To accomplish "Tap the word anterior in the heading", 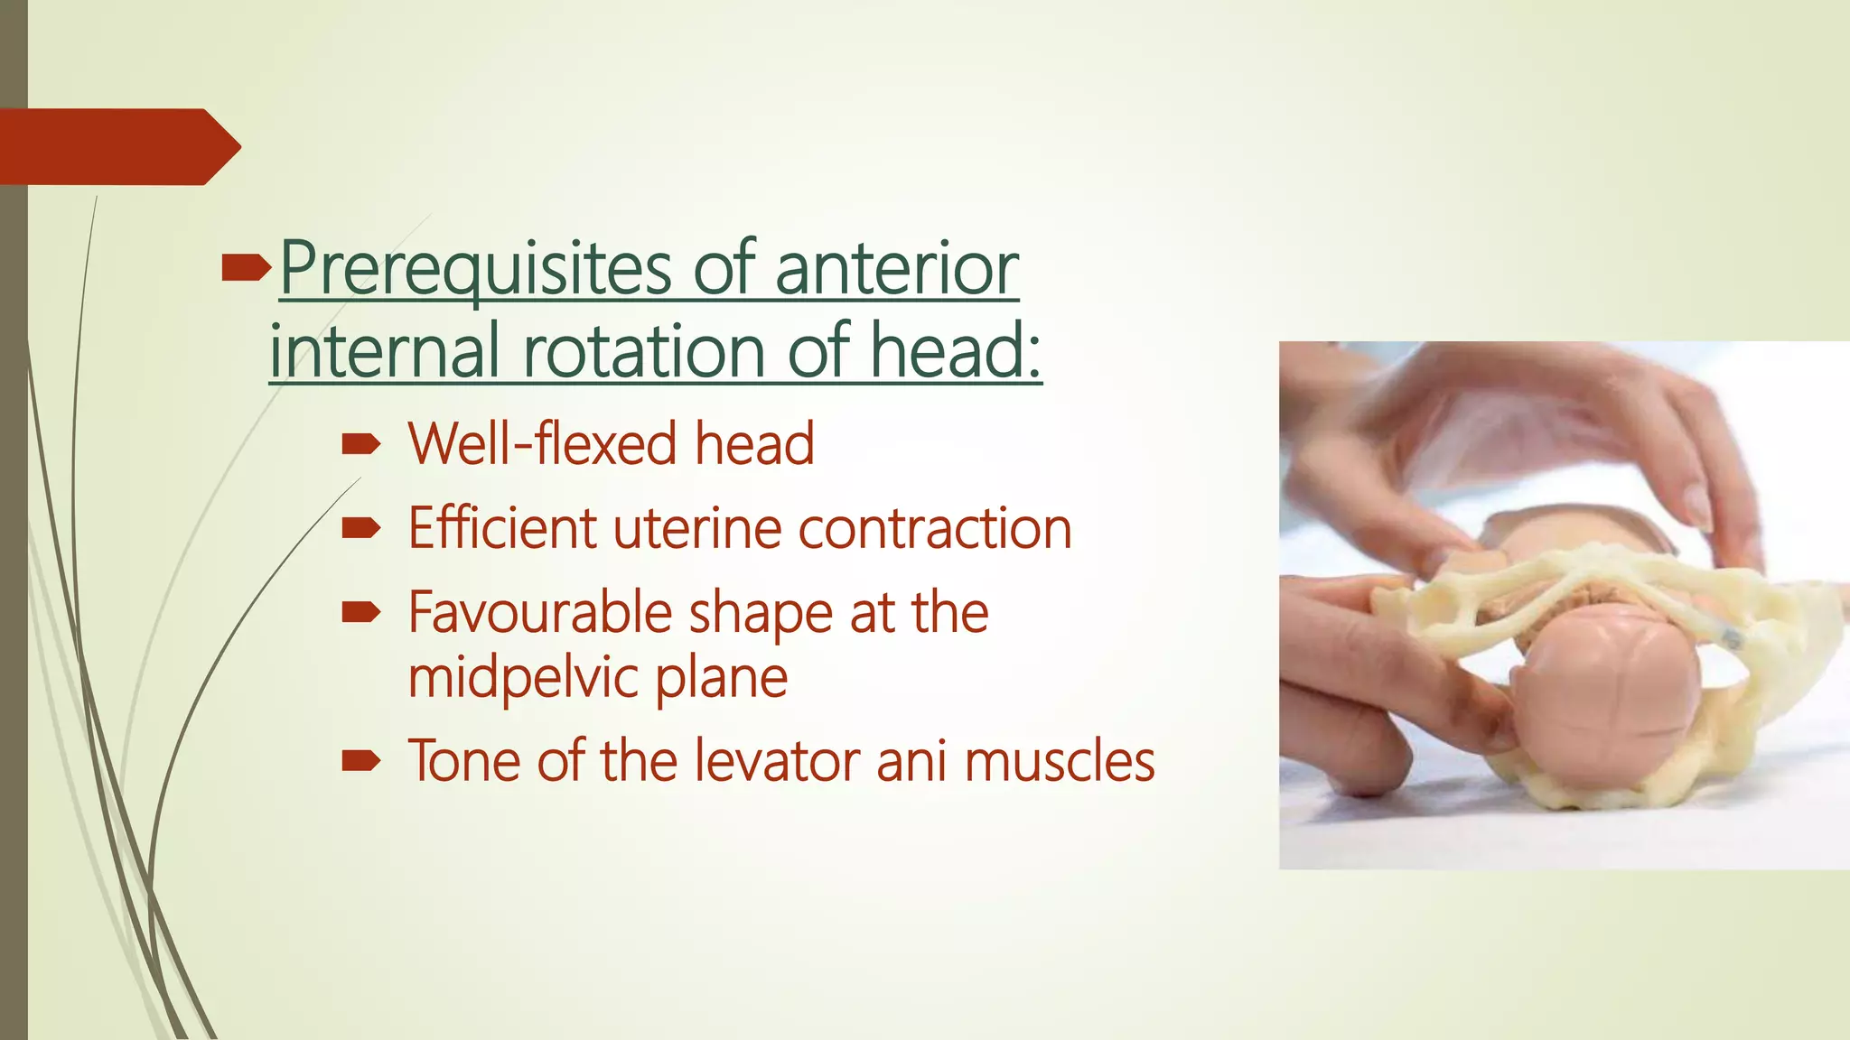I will [x=896, y=268].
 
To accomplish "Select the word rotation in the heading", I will [x=643, y=351].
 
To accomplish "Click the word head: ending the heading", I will [x=956, y=351].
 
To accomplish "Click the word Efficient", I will [x=502, y=528].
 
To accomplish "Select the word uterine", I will [x=696, y=530].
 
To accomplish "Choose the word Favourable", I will [x=539, y=614].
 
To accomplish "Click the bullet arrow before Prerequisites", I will [x=245, y=266].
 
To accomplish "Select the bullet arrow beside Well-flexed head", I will [x=360, y=443].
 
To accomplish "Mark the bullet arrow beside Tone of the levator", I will [x=360, y=761].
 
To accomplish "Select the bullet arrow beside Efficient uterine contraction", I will [x=360, y=528].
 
